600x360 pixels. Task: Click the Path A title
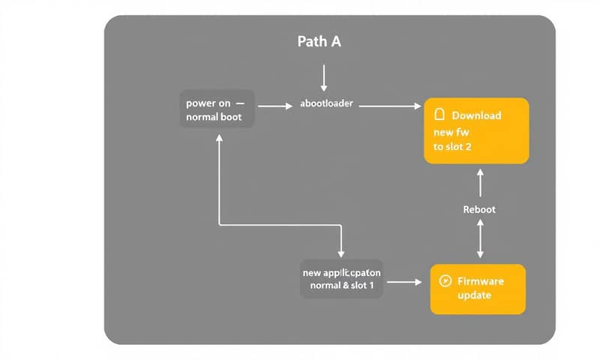[x=319, y=42]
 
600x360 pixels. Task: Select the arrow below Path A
[x=324, y=78]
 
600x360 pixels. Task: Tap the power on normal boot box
[x=216, y=109]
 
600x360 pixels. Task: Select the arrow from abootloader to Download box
[x=390, y=106]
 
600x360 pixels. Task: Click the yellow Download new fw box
[x=476, y=130]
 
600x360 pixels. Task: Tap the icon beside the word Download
[x=440, y=115]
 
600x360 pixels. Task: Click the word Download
[x=476, y=115]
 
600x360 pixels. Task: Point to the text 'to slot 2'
[x=452, y=147]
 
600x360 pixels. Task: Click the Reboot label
[x=480, y=209]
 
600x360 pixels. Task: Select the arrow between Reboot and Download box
[x=480, y=184]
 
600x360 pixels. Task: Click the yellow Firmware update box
[x=477, y=289]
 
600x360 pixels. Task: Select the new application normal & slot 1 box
[x=341, y=278]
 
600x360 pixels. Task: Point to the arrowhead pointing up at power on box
[x=218, y=139]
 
